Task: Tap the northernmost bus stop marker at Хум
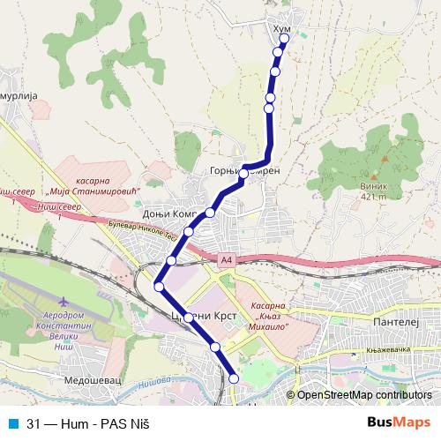click(x=284, y=38)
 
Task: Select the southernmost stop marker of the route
click(x=234, y=378)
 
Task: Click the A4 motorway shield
click(x=227, y=259)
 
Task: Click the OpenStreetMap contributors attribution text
click(x=364, y=394)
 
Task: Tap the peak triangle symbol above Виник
click(x=385, y=159)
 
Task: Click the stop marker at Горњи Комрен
click(x=243, y=176)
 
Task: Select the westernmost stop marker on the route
click(x=159, y=286)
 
